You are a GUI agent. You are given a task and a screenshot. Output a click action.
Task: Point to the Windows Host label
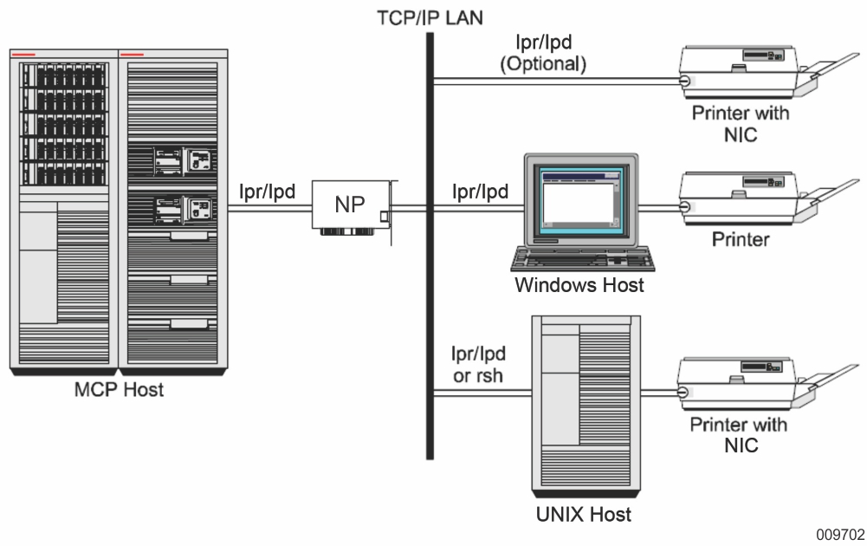(579, 284)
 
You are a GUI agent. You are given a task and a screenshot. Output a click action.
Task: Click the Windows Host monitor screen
(578, 199)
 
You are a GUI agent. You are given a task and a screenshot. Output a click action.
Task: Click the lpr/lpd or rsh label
(478, 364)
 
